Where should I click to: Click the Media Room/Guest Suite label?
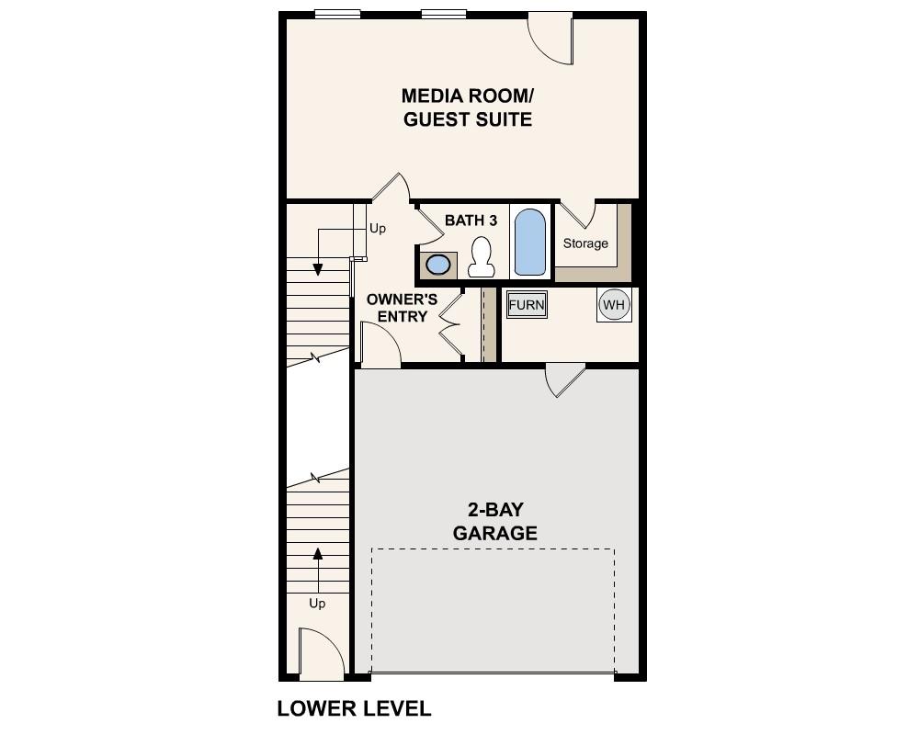[468, 107]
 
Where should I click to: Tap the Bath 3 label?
[471, 220]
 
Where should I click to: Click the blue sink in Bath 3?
[439, 265]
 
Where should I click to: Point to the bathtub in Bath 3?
[529, 243]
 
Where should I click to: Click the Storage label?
[585, 243]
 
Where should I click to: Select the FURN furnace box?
[527, 305]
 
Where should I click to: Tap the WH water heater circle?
[614, 304]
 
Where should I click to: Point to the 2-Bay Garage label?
[494, 521]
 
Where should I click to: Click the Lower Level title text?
[354, 708]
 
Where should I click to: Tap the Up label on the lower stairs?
[317, 604]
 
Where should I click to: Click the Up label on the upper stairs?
[377, 229]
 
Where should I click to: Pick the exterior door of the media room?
[552, 39]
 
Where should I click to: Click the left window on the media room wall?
[337, 14]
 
